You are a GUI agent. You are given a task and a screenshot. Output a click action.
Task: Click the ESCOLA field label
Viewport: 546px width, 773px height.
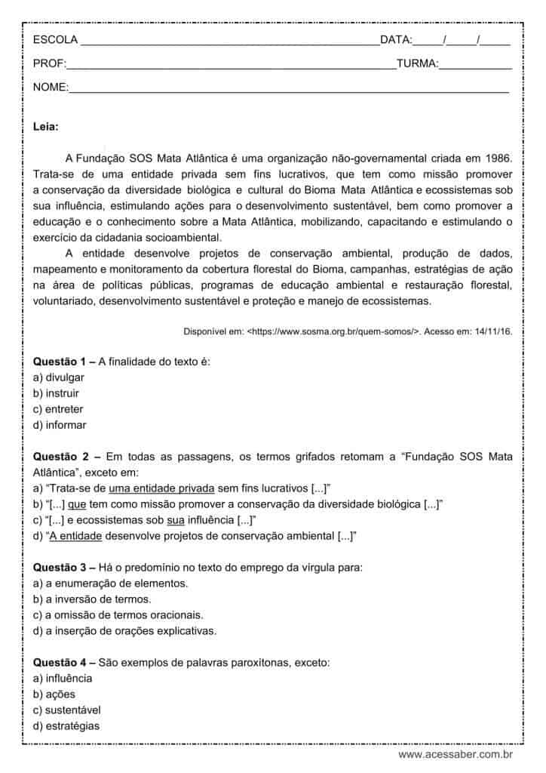[55, 40]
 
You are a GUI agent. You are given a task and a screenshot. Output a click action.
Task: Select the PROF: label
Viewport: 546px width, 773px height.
[50, 64]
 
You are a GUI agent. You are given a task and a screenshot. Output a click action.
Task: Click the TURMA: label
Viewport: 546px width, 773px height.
[417, 64]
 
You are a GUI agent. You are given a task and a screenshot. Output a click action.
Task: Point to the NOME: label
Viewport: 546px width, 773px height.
[51, 88]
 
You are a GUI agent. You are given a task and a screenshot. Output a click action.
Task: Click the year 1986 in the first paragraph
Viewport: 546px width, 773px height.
[498, 158]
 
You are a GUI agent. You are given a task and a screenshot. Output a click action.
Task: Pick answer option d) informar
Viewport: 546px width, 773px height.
[60, 425]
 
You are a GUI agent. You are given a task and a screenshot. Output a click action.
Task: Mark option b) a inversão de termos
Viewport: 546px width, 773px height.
[93, 599]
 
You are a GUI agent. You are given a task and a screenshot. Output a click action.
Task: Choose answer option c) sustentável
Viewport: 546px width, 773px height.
[67, 710]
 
